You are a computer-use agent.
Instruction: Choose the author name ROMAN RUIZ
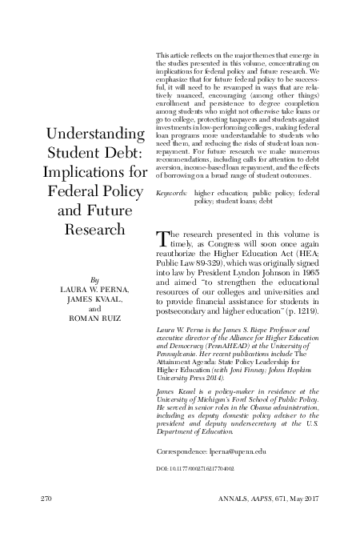click(x=94, y=318)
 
